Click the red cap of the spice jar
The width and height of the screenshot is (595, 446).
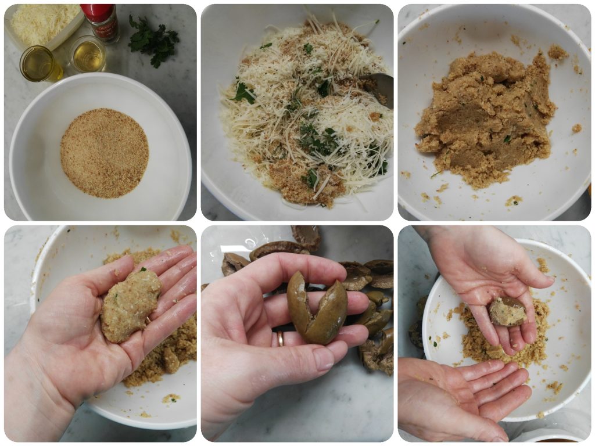pos(98,11)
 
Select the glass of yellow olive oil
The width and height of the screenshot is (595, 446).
pos(39,64)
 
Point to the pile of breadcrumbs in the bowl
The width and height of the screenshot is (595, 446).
pos(105,152)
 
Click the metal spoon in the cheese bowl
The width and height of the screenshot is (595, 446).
pos(381,87)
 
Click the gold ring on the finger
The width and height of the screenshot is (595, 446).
pos(280,338)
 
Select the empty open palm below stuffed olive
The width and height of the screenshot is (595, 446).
pos(465,395)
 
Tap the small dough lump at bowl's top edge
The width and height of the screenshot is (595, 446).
pos(557,52)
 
